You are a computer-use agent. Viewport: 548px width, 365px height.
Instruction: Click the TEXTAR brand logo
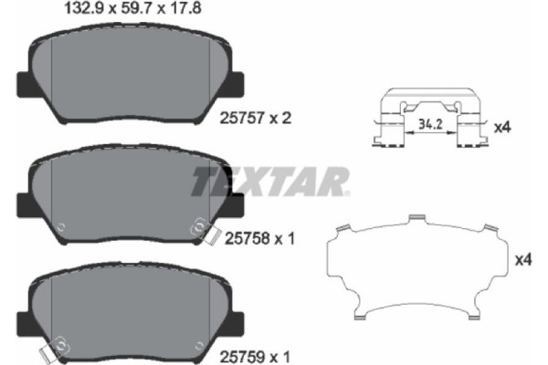(269, 181)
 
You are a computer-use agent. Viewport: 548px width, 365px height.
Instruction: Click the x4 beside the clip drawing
(501, 128)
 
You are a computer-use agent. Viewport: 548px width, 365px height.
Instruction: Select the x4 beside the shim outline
(522, 261)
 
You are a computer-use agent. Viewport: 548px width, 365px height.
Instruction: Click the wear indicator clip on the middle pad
(198, 229)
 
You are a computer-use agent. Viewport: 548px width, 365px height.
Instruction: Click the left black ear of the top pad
(25, 85)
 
